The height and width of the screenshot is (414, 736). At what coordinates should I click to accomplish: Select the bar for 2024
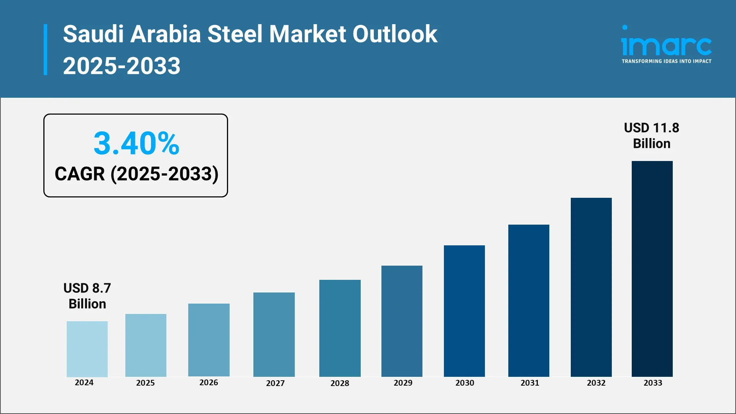click(87, 349)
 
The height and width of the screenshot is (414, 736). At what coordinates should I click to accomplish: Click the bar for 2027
click(274, 334)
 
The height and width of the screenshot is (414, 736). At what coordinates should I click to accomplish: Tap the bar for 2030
click(464, 311)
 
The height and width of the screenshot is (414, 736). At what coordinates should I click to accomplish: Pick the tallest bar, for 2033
click(652, 269)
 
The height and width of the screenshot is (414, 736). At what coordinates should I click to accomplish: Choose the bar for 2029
click(402, 321)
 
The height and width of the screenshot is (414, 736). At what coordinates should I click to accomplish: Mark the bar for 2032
click(591, 287)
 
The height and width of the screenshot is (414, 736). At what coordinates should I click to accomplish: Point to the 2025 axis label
click(145, 383)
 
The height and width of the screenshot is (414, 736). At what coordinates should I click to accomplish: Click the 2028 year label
click(340, 383)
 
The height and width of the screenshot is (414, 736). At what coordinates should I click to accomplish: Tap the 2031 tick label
click(530, 383)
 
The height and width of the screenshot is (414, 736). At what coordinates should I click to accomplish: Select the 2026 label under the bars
click(209, 383)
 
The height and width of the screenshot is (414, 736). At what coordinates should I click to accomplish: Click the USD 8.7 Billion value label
click(87, 296)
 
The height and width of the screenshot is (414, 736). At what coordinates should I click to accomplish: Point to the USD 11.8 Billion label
click(651, 136)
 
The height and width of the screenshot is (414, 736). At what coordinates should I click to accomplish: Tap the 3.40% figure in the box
click(136, 143)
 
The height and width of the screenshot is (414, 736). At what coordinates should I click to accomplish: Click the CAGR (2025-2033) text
click(136, 174)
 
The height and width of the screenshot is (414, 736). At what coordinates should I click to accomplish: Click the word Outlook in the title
click(394, 34)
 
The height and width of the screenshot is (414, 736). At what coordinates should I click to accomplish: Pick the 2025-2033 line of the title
click(122, 66)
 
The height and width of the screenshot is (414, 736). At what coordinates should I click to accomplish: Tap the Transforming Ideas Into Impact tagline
click(666, 61)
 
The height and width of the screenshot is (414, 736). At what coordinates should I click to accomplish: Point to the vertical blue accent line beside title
click(46, 50)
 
